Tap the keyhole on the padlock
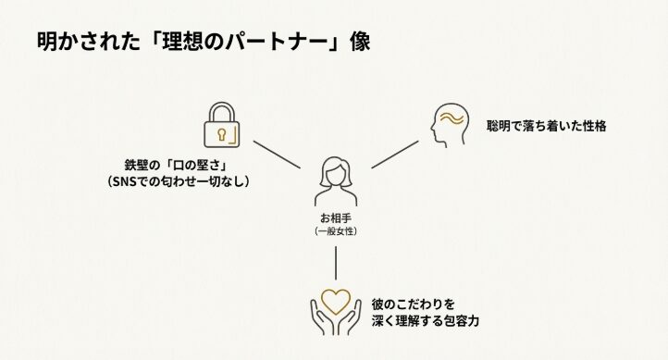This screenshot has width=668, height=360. (x=222, y=135)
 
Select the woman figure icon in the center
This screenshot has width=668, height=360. (x=335, y=181)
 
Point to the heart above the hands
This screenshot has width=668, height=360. (x=335, y=301)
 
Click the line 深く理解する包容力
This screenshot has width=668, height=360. (x=426, y=320)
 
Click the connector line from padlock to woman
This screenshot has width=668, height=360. (x=277, y=155)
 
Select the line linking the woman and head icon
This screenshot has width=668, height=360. (x=397, y=154)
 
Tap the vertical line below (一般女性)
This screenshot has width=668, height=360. (x=335, y=265)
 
